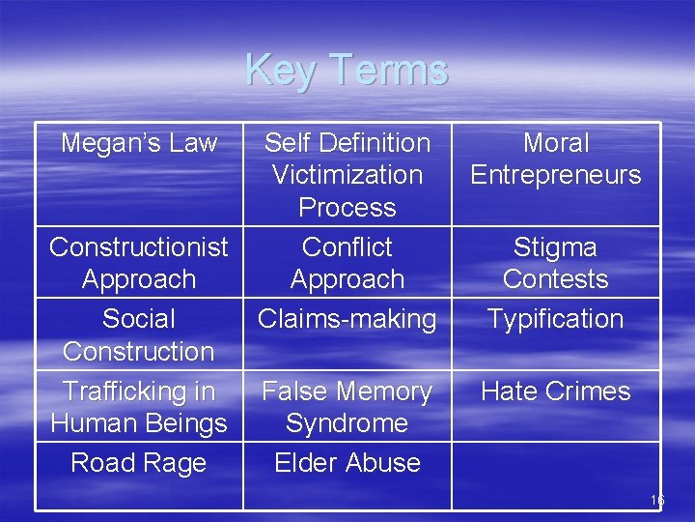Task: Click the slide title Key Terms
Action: tap(347, 70)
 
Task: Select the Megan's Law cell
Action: tap(139, 143)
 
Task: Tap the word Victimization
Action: tap(347, 175)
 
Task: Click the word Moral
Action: tap(556, 143)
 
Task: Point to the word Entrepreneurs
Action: tap(556, 175)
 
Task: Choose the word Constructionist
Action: tap(139, 247)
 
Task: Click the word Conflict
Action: tap(347, 247)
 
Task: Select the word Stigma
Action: tap(556, 247)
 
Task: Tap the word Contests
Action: tap(556, 279)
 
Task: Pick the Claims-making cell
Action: tap(347, 319)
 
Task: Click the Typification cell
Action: tap(556, 319)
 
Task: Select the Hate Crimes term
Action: tap(556, 391)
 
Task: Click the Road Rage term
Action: tap(139, 463)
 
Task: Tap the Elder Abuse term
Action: tap(347, 463)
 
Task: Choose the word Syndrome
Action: tap(347, 423)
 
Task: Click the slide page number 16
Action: tap(657, 501)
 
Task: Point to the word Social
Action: tap(139, 319)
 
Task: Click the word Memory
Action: tap(386, 391)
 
